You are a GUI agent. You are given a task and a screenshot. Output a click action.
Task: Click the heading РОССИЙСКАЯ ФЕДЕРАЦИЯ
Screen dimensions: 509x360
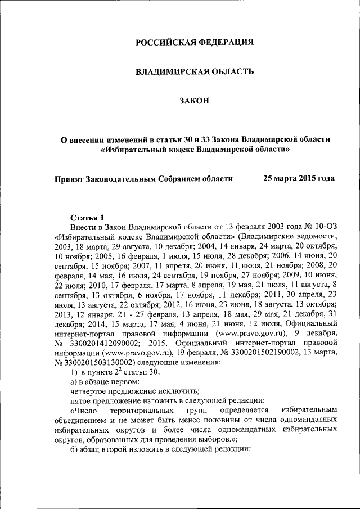point(195,42)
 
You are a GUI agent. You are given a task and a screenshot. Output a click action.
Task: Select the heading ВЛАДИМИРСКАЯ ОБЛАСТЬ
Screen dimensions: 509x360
point(195,71)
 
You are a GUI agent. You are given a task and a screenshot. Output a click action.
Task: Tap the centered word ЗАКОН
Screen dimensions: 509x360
point(195,101)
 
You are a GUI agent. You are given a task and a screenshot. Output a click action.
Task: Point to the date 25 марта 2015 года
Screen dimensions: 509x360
point(299,178)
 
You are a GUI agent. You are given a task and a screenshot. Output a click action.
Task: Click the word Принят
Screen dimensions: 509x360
point(69,178)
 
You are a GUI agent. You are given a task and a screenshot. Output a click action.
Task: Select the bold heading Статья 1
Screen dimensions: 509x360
point(87,218)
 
